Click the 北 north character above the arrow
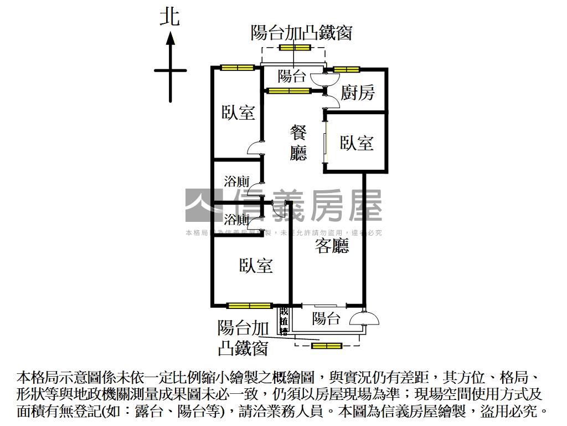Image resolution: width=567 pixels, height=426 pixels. (x=170, y=17)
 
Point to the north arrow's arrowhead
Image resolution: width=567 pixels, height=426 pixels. (x=171, y=39)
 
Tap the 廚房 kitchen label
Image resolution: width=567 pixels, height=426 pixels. (x=357, y=93)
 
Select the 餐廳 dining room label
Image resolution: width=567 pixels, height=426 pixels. (x=298, y=143)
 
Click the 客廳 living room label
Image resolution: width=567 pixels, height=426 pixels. (x=332, y=246)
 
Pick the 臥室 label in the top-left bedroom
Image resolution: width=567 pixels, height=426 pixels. (x=238, y=113)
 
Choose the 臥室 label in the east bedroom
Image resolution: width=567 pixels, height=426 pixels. (x=357, y=143)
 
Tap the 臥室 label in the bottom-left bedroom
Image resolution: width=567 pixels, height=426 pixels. (x=256, y=266)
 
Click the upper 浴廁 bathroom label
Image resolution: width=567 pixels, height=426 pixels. (x=236, y=181)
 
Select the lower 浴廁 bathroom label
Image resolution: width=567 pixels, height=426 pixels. (x=236, y=219)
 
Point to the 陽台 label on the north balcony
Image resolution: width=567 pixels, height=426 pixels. (x=292, y=76)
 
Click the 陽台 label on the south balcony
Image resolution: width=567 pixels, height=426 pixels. (x=326, y=318)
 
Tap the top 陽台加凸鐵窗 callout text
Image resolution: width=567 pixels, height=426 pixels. (x=301, y=33)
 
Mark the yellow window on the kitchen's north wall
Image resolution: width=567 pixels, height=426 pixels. (x=347, y=69)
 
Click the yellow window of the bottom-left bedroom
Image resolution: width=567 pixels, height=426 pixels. (x=249, y=305)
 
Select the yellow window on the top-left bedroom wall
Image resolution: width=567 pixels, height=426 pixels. (x=237, y=68)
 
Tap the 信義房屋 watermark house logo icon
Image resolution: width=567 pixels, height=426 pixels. (x=202, y=205)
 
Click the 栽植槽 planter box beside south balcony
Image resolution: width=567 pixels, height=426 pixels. (x=284, y=321)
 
